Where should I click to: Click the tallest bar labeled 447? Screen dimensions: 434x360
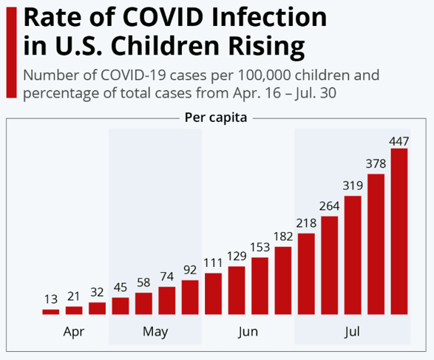click(x=399, y=231)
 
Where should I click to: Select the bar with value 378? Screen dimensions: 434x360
click(x=376, y=244)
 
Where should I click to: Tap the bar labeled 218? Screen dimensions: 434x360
click(x=306, y=274)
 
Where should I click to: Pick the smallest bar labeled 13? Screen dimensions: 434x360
click(x=51, y=312)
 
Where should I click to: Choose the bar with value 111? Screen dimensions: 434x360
click(x=213, y=293)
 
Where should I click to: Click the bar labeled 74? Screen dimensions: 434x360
click(x=166, y=301)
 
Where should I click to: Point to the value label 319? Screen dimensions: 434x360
click(x=353, y=186)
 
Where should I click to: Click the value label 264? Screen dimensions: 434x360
click(x=329, y=206)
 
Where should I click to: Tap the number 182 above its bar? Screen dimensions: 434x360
click(x=283, y=237)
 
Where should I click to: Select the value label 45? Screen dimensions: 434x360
click(x=120, y=288)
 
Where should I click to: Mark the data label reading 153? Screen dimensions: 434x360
click(x=260, y=247)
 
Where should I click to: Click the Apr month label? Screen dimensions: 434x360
click(x=74, y=332)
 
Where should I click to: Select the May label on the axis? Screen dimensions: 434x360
click(x=155, y=332)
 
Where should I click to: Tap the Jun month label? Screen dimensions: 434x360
click(x=248, y=331)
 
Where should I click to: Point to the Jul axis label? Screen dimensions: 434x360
click(x=352, y=331)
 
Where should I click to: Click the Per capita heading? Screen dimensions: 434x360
click(x=216, y=118)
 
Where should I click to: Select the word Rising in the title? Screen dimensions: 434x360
click(x=266, y=47)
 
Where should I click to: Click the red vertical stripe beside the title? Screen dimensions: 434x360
click(x=11, y=52)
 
